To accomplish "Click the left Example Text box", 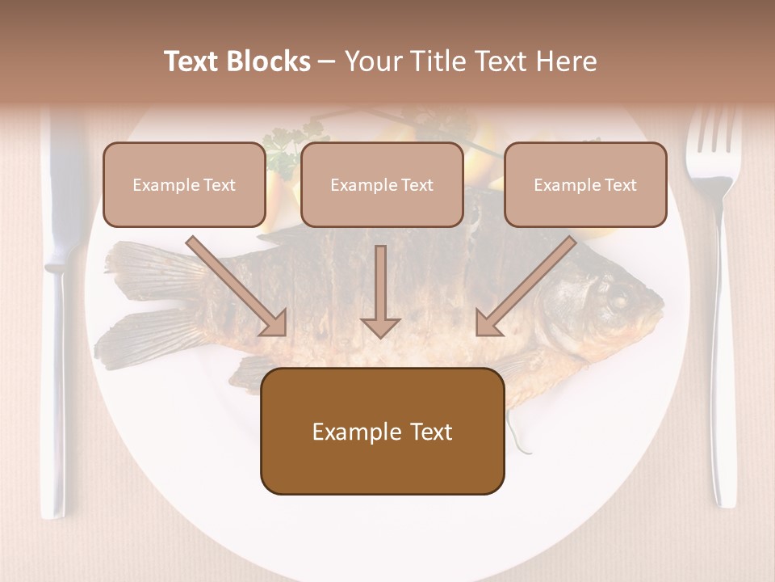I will coord(184,185).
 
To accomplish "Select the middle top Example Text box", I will coord(382,185).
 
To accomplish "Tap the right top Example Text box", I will coord(585,185).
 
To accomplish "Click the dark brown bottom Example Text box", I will coord(382,432).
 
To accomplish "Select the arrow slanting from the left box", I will coord(236,285).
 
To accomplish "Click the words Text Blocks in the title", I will coord(237,61).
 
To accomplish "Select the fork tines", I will coord(713,137).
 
